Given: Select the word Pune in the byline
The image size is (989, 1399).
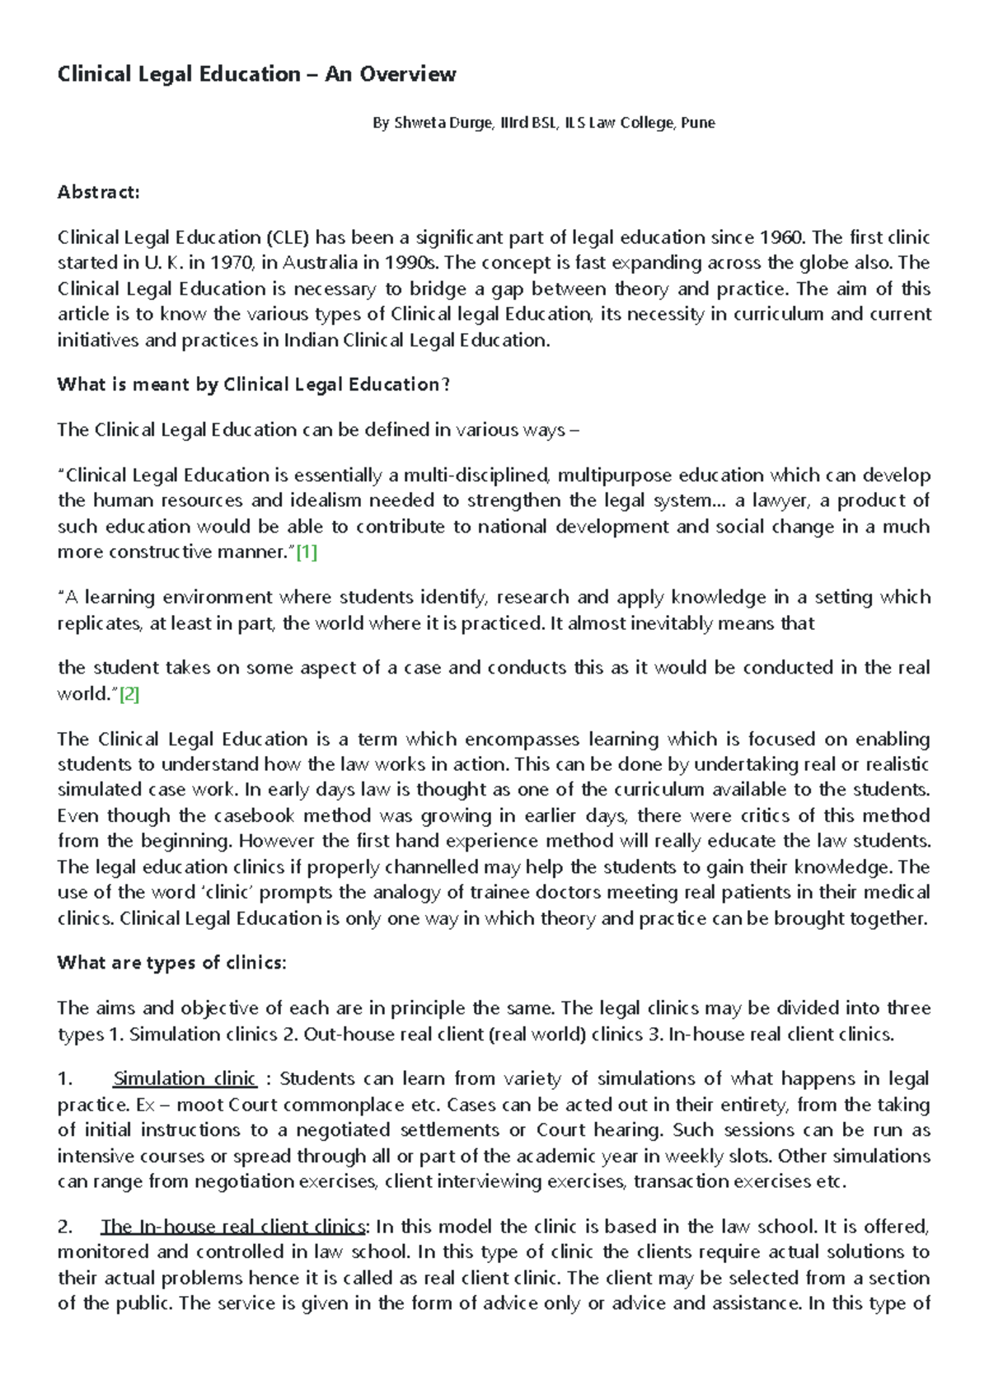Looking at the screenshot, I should tap(698, 124).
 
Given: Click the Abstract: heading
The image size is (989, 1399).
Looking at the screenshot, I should tap(98, 192).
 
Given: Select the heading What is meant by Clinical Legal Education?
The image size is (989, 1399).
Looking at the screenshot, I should tap(254, 384).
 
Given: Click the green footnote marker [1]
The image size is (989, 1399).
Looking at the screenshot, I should tap(306, 552).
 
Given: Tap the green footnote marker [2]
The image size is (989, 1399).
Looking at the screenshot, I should tap(129, 694).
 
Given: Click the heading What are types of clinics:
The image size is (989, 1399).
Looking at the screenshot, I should tap(171, 963).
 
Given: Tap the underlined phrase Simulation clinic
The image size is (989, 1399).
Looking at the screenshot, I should tap(185, 1079).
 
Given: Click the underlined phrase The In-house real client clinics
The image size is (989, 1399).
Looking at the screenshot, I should tap(233, 1227).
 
